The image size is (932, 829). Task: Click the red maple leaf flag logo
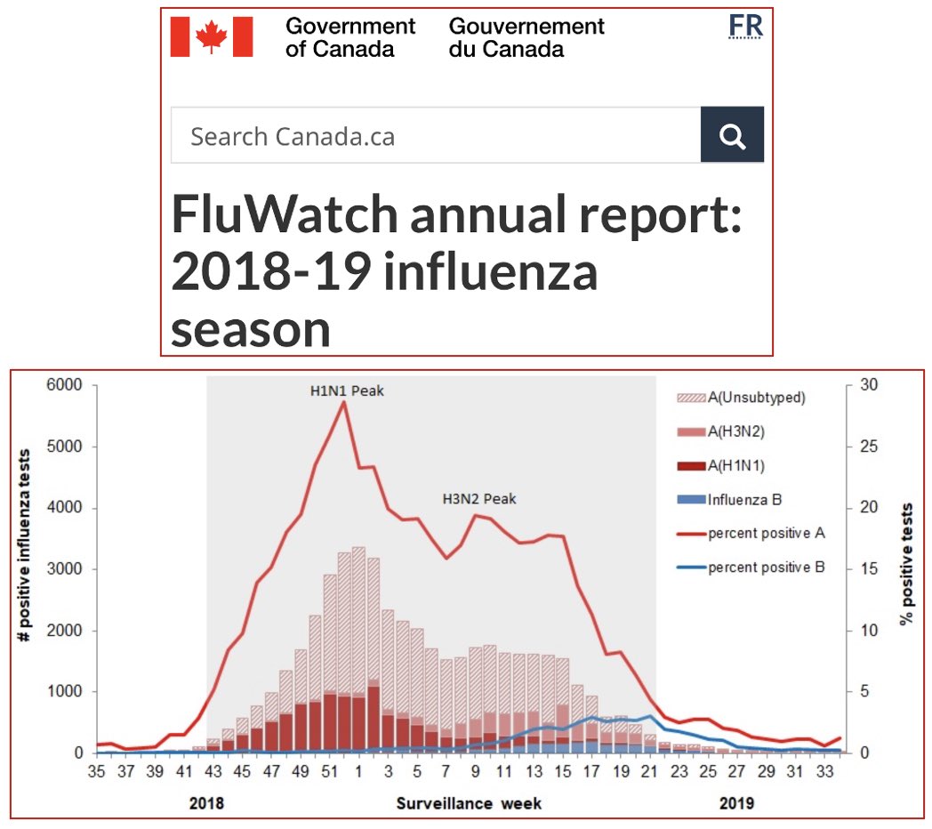coord(212,37)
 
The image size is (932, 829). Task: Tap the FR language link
coord(745,28)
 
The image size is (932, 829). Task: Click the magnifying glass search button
coord(732,135)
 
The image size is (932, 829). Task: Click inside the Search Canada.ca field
coord(436,136)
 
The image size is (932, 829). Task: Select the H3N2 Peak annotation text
coord(479,499)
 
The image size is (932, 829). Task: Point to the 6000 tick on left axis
coord(66,385)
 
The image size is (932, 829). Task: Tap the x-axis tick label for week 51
coord(329,771)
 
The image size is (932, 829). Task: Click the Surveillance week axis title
coord(469,803)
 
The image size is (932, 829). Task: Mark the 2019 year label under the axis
coord(736,803)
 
